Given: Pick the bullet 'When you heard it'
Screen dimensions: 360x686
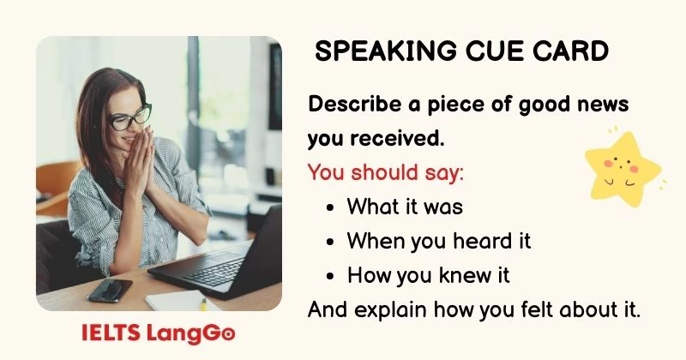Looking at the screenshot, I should (x=438, y=241).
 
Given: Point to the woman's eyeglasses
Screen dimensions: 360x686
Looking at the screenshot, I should (x=129, y=116).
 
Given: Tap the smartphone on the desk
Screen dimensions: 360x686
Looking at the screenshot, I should (x=109, y=290).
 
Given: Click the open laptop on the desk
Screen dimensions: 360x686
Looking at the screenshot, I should (x=227, y=257).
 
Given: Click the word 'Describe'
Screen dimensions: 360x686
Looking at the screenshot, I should (x=351, y=105).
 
